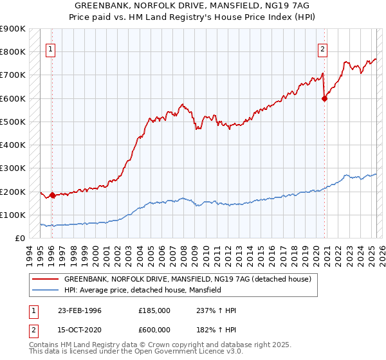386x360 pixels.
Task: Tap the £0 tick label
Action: pos(20,238)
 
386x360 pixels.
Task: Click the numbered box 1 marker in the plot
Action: pos(50,48)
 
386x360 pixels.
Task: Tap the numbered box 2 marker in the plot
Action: pos(322,48)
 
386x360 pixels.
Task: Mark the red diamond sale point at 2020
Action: pos(325,98)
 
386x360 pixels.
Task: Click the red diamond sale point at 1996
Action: pos(52,195)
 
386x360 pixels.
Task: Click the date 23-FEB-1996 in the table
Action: pos(80,310)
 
